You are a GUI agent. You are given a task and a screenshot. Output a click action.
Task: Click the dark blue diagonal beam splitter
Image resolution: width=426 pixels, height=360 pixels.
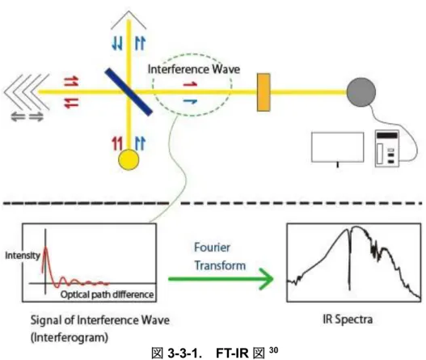click(129, 91)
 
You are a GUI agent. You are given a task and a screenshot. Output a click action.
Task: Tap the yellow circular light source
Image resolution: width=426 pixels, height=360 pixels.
click(129, 159)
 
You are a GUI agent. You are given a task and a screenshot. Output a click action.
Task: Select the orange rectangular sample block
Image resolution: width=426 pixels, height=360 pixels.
click(264, 92)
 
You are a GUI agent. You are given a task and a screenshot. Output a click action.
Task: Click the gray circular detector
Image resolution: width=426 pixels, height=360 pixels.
click(361, 92)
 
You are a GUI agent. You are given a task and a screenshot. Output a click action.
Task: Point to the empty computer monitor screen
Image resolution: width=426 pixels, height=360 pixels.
click(337, 147)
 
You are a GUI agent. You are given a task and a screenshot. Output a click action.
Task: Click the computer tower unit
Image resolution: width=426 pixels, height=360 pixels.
click(387, 149)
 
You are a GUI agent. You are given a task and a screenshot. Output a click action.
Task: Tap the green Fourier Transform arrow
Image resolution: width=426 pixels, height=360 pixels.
click(221, 279)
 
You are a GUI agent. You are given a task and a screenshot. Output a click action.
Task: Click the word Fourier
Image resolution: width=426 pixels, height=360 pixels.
click(212, 248)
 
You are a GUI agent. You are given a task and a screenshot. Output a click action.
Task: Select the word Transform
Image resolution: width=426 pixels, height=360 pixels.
click(220, 265)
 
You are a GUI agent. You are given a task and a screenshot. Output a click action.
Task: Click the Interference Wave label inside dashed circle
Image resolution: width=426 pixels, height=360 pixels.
click(194, 69)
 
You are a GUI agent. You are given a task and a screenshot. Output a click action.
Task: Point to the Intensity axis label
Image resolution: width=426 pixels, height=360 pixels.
click(23, 256)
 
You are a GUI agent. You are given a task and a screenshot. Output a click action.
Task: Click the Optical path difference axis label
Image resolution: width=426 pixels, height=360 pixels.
click(107, 294)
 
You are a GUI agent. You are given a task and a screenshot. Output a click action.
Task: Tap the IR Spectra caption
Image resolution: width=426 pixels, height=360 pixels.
click(348, 320)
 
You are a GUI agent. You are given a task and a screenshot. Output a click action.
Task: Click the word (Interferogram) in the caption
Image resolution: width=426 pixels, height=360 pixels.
click(70, 337)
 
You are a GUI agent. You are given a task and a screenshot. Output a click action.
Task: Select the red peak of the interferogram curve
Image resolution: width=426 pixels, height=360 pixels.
click(45, 247)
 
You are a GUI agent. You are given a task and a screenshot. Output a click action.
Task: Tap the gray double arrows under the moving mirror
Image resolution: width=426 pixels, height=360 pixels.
click(27, 117)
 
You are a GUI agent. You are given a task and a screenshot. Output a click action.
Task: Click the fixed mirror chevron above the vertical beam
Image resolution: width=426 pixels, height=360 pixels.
click(129, 19)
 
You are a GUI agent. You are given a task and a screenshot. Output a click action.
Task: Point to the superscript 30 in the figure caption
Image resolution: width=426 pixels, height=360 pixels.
click(273, 350)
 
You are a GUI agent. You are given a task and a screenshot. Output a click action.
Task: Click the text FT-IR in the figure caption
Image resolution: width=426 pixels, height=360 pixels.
click(232, 354)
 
